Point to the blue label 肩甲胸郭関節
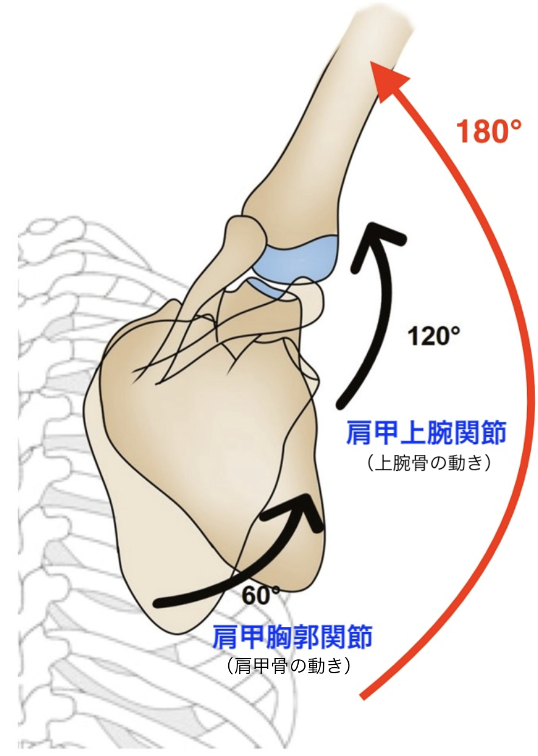tap(292, 638)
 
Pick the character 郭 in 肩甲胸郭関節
tap(292, 638)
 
